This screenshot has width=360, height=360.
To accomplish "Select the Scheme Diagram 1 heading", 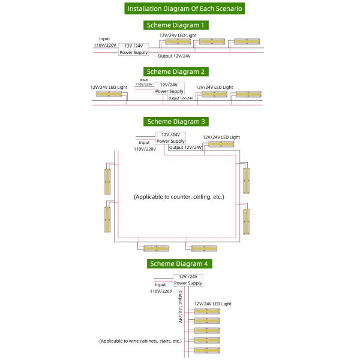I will (177, 25).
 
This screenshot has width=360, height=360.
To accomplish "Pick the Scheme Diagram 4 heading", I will (180, 263).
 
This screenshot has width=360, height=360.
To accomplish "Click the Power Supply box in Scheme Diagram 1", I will (133, 49).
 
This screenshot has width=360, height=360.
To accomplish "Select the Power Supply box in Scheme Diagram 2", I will (169, 88).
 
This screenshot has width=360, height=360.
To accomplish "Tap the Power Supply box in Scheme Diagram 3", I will (170, 138).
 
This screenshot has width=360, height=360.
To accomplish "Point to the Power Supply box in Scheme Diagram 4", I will (188, 280).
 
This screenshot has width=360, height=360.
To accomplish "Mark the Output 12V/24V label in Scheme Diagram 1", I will (174, 56).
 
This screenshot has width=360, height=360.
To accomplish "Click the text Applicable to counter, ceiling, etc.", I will (179, 196).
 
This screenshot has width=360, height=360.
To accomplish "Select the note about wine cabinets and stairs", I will (140, 341).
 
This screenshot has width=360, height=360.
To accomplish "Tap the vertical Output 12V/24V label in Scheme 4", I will (179, 306).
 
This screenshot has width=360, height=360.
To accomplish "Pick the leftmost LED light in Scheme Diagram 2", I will (110, 95).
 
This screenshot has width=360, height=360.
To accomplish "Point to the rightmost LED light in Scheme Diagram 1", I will (247, 41).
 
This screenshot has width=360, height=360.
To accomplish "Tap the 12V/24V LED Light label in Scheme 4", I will (213, 304).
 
